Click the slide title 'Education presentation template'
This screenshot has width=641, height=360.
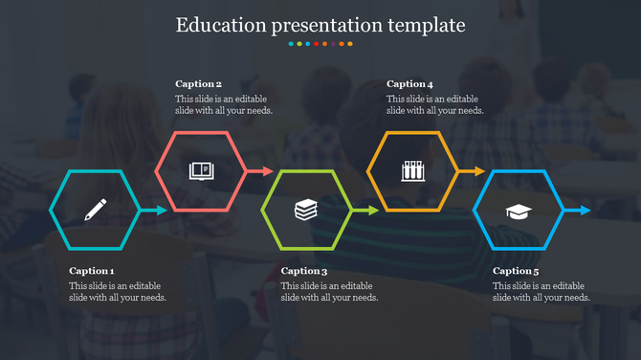(x=320, y=24)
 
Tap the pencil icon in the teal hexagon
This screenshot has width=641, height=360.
(x=96, y=210)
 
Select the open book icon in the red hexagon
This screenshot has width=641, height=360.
(x=201, y=171)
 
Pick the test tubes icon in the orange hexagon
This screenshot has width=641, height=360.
(x=412, y=171)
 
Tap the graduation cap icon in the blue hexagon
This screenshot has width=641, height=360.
(x=519, y=211)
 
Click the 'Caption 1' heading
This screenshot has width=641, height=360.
(x=92, y=271)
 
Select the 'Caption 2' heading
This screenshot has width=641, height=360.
(x=198, y=84)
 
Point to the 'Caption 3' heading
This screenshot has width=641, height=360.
(x=304, y=271)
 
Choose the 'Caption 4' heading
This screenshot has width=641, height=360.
(x=409, y=84)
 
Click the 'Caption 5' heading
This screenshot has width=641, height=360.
(x=516, y=271)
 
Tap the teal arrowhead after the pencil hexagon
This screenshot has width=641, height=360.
(x=160, y=211)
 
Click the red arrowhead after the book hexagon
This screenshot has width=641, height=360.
(x=266, y=171)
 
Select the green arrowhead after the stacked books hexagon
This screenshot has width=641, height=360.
(x=372, y=211)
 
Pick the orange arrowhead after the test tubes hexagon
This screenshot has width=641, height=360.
(x=477, y=171)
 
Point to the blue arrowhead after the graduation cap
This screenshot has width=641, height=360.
(x=584, y=211)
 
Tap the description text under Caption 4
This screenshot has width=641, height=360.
(x=435, y=104)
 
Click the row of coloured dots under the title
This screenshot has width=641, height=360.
(x=320, y=44)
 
